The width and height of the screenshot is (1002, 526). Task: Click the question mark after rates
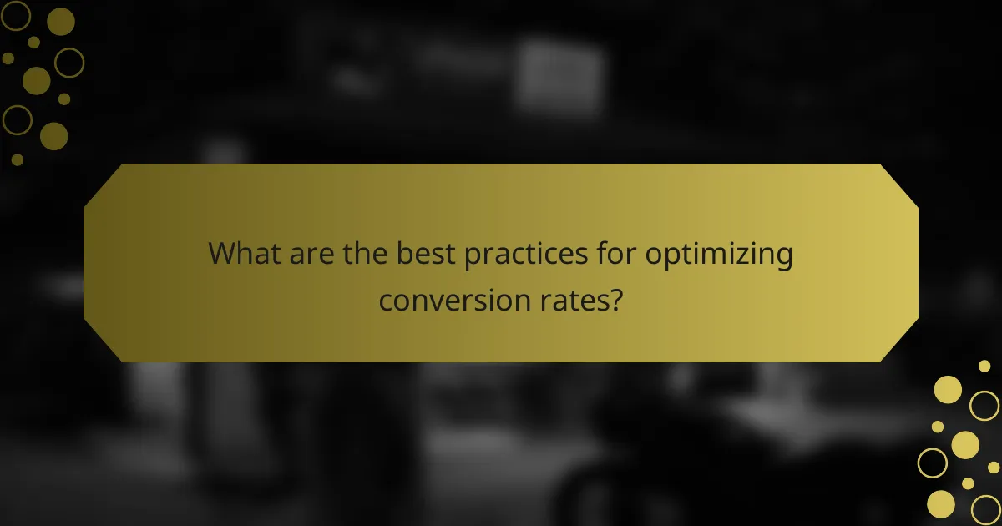(616, 298)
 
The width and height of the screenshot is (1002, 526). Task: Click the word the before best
(364, 254)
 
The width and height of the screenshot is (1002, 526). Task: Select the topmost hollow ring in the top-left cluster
(17, 15)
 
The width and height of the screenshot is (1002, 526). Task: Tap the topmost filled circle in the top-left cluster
(61, 22)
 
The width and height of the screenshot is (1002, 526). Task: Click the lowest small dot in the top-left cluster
(18, 159)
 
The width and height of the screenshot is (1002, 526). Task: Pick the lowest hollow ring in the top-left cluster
(17, 120)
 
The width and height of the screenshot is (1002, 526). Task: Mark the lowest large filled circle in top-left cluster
(53, 136)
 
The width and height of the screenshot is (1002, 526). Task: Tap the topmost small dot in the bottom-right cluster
(984, 366)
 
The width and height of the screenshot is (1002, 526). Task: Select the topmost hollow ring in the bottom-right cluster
(984, 406)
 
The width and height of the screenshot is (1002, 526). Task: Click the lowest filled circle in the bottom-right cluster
(941, 503)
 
